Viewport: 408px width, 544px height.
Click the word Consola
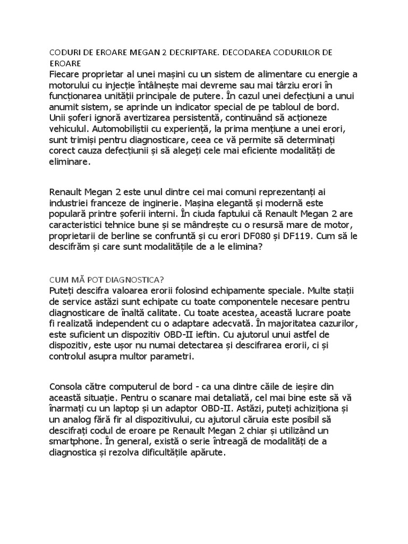67,386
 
